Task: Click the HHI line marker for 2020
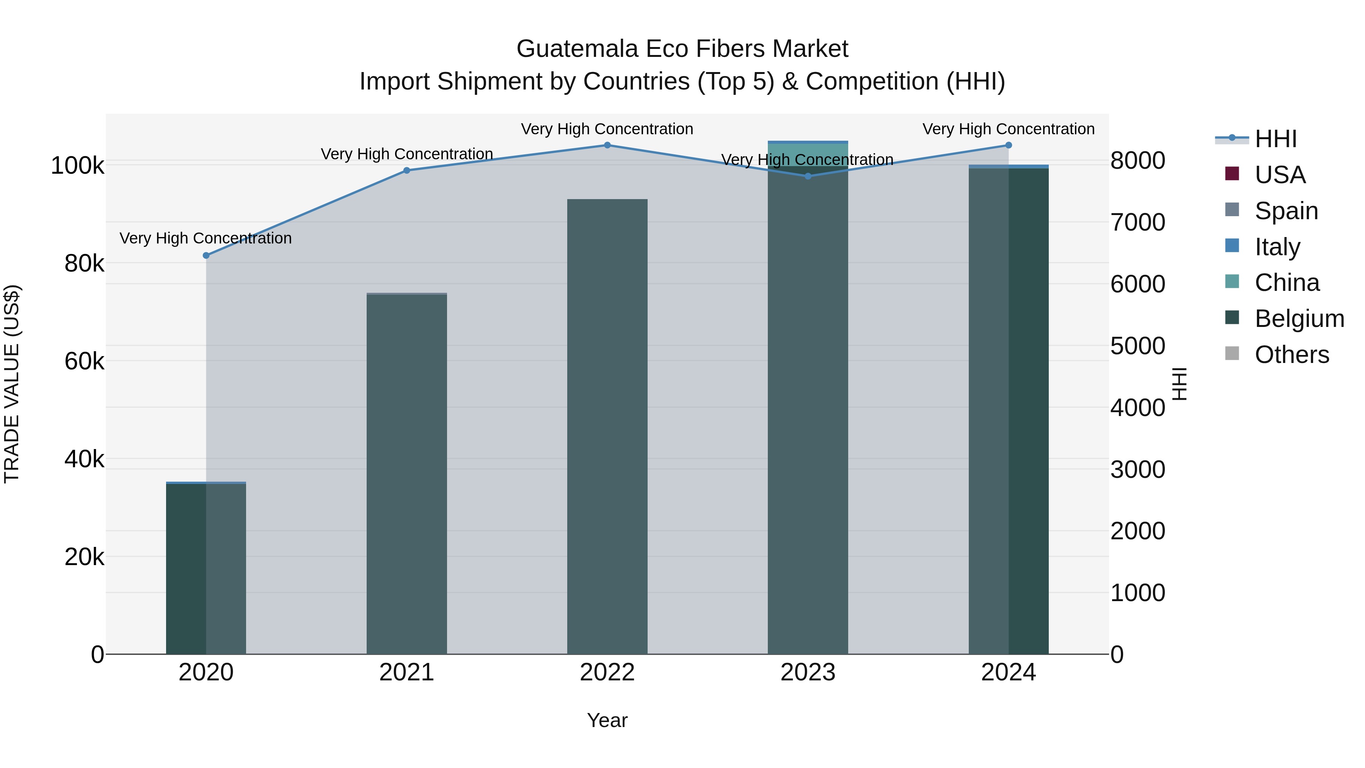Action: (206, 256)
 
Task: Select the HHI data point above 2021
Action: (407, 171)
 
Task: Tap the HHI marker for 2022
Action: (607, 145)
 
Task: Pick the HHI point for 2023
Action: (808, 176)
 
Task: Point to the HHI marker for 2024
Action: (1008, 145)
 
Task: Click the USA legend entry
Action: (1280, 175)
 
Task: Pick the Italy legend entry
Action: (1277, 247)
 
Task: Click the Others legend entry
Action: (1292, 355)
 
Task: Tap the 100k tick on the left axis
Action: (77, 166)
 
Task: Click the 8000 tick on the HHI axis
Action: (1137, 160)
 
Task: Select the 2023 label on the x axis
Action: (808, 672)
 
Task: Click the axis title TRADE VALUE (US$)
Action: (12, 384)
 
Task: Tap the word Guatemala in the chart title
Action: (577, 49)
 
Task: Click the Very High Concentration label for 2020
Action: (206, 239)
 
